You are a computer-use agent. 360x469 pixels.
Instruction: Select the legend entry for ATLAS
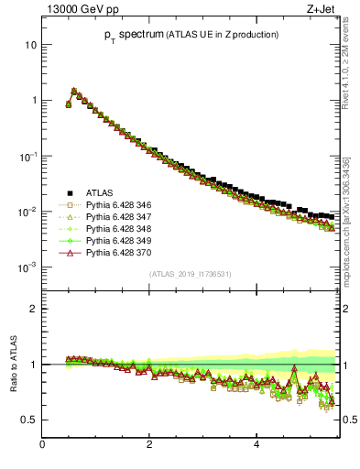[x=100, y=192]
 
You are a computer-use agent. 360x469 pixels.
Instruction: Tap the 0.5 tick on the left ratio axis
[x=30, y=420]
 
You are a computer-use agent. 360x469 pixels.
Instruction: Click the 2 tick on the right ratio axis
[x=345, y=309]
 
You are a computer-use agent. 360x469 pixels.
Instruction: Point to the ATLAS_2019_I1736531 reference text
[x=189, y=274]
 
